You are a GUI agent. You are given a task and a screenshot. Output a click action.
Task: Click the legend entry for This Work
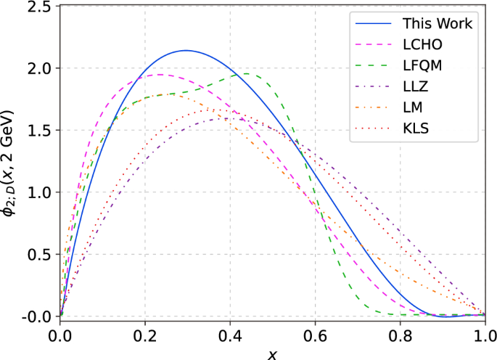[x=437, y=24]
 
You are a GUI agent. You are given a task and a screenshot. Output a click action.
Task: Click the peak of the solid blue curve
[x=186, y=50]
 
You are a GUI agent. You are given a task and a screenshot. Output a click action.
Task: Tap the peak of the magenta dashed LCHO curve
[x=160, y=74]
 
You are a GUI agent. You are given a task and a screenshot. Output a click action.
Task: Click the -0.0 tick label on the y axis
[x=36, y=317]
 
